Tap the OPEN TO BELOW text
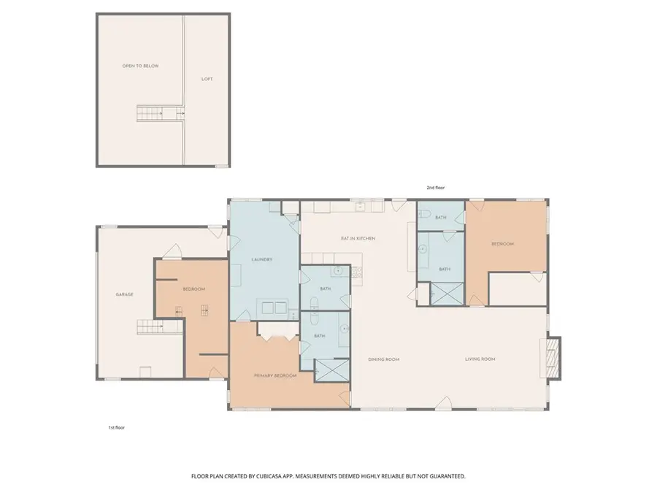click(140, 66)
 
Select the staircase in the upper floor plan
click(160, 114)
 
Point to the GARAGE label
click(124, 294)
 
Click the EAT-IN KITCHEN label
click(357, 239)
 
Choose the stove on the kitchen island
click(356, 273)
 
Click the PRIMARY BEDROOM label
click(275, 375)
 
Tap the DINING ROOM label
click(384, 359)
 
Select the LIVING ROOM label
click(480, 359)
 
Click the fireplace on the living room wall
click(553, 359)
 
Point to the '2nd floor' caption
click(436, 188)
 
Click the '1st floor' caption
click(115, 427)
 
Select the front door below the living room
click(443, 402)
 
